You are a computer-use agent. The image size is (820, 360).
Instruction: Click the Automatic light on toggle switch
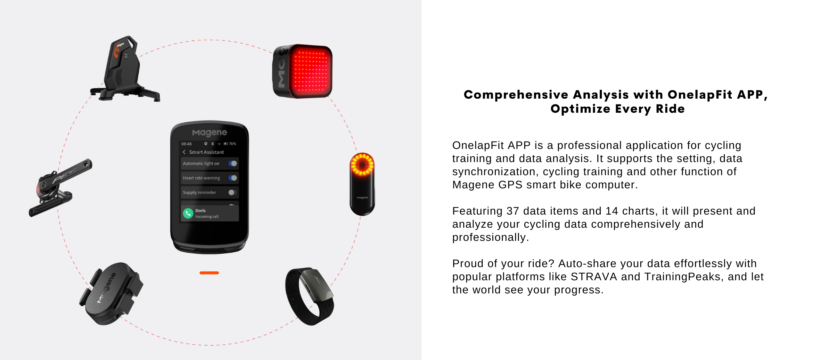click(233, 163)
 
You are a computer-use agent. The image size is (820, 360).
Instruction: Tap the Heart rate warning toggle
click(233, 178)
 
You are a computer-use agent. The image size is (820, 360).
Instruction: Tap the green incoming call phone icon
click(188, 213)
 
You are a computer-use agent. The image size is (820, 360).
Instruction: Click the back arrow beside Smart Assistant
click(184, 152)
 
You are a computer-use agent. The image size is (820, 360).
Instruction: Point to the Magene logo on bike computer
click(209, 133)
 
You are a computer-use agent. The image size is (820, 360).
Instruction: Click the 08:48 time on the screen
click(186, 144)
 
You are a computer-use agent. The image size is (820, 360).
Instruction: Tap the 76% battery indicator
click(230, 144)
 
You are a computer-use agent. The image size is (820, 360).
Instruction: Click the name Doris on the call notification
click(201, 210)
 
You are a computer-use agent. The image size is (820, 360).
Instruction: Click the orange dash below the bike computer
click(209, 273)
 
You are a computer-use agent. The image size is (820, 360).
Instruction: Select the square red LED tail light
click(302, 71)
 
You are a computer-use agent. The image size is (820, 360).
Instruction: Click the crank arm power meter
click(60, 187)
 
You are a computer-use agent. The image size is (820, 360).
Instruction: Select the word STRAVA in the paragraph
click(594, 276)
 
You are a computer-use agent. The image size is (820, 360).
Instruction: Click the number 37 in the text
click(512, 211)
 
